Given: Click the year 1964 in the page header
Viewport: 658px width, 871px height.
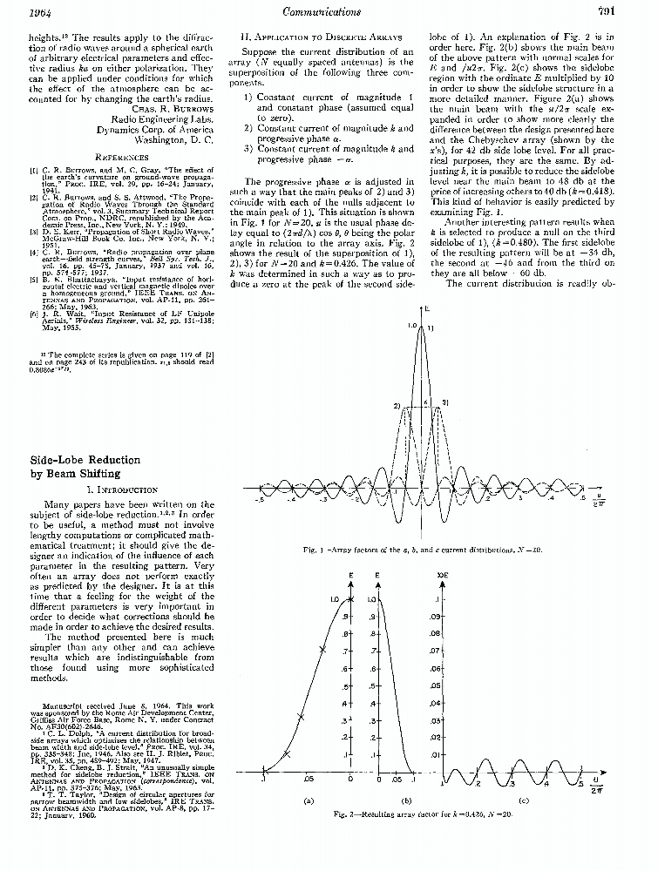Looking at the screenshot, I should click(17, 12).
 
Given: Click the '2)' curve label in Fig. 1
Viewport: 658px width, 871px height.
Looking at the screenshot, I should click(397, 406).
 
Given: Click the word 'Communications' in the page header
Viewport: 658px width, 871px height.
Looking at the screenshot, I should click(323, 12).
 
